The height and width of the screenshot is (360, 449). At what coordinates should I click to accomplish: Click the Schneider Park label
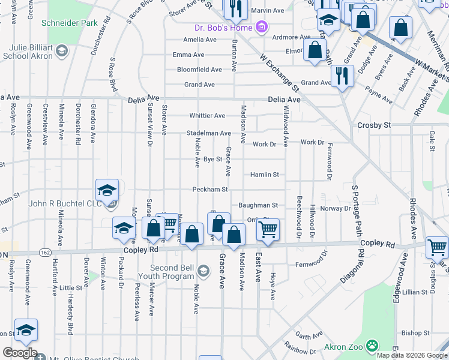[70, 23]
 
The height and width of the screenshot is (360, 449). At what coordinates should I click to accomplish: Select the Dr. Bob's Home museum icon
[261, 27]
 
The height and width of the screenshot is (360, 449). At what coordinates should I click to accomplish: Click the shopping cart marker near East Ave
[268, 229]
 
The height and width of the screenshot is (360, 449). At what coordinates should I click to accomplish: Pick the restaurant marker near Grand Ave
[342, 75]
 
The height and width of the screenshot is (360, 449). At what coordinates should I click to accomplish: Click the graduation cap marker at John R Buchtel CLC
[107, 191]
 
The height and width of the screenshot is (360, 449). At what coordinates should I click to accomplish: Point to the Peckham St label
[209, 190]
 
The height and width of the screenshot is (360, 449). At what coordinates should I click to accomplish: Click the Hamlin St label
[265, 175]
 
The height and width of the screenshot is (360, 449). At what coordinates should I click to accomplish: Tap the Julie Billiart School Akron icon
[61, 51]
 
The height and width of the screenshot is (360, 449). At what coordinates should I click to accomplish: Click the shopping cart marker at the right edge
[436, 246]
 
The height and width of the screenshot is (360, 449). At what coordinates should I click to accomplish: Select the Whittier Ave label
[207, 116]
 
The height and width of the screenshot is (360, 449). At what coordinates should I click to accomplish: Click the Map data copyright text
[412, 355]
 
